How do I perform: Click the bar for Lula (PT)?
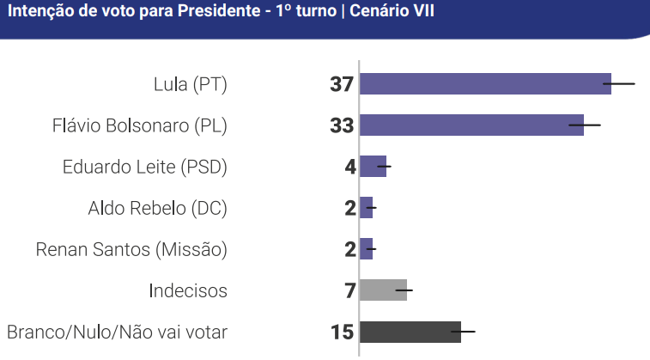pyautogui.click(x=485, y=84)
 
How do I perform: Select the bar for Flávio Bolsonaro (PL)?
pyautogui.click(x=471, y=125)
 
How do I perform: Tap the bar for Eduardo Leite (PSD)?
pyautogui.click(x=373, y=167)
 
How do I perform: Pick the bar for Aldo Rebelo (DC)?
pyautogui.click(x=367, y=208)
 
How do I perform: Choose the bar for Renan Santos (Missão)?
pyautogui.click(x=367, y=249)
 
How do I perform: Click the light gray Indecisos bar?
pyautogui.click(x=383, y=290)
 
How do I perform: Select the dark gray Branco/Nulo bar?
pyautogui.click(x=410, y=332)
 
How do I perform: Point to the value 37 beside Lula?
pyautogui.click(x=342, y=84)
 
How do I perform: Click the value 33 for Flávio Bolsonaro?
pyautogui.click(x=342, y=125)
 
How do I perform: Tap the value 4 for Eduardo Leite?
pyautogui.click(x=349, y=167)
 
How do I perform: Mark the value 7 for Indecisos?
pyautogui.click(x=349, y=290)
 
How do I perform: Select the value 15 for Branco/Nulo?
pyautogui.click(x=342, y=332)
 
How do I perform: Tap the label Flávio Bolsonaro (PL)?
pyautogui.click(x=140, y=125)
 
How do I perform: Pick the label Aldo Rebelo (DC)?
pyautogui.click(x=157, y=208)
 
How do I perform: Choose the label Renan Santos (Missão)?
pyautogui.click(x=131, y=249)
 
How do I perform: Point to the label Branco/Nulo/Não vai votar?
pyautogui.click(x=117, y=332)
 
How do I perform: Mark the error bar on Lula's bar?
pyautogui.click(x=619, y=84)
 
